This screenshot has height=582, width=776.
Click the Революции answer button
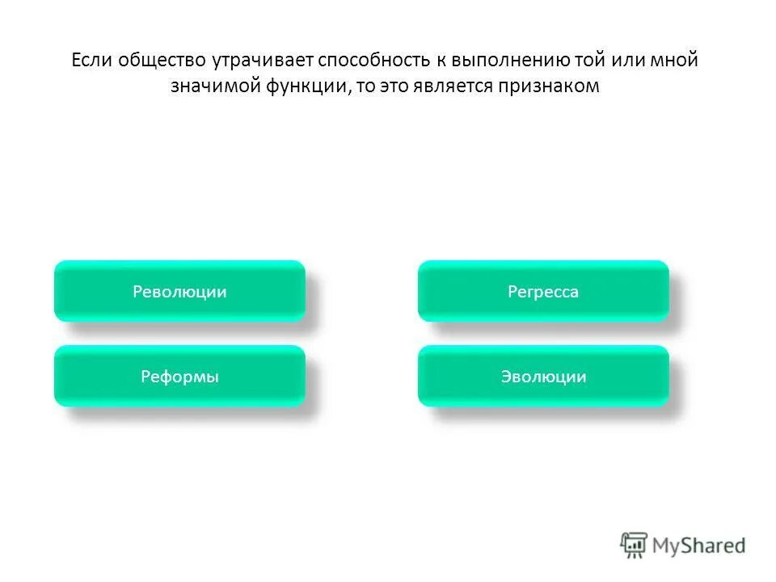(x=179, y=292)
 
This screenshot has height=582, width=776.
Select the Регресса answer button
(x=543, y=292)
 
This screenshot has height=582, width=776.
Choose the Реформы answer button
(x=179, y=377)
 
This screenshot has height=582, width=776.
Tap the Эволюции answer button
(x=543, y=377)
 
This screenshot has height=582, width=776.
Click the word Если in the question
(x=91, y=61)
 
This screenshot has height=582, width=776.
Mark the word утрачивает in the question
(x=264, y=61)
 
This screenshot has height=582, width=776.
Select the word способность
(x=373, y=61)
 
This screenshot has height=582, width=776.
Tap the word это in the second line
(x=397, y=87)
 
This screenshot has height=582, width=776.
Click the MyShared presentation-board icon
(x=635, y=546)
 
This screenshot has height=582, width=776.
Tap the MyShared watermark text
(x=699, y=546)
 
